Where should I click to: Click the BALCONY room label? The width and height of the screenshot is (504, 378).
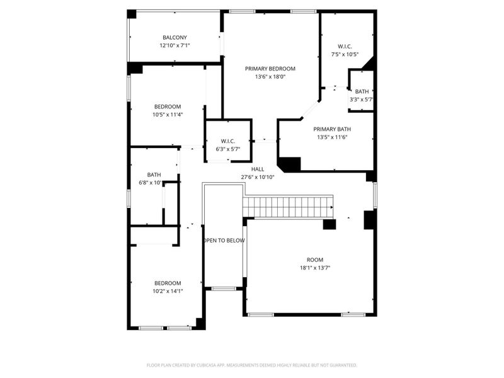175,38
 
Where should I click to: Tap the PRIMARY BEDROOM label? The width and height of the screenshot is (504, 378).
270,69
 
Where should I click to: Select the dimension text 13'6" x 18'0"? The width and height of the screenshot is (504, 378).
270,77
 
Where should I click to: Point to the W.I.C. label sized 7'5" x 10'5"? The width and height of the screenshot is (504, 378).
345,46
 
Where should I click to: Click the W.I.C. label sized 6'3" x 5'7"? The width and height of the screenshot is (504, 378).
227,140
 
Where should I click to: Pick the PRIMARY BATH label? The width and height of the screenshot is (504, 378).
331,129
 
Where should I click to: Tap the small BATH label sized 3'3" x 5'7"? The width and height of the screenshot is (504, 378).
362,91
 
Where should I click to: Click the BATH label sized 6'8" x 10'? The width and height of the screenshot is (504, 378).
154,175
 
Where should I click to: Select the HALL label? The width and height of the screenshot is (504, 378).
258,169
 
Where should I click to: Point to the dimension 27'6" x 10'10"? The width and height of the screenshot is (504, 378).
258,177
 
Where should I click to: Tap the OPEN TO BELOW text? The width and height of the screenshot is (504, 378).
224,241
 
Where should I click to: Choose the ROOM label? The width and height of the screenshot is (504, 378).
315,260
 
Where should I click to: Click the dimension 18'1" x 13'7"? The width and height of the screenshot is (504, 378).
315,268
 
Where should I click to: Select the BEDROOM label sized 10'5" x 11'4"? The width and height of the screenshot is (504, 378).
168,106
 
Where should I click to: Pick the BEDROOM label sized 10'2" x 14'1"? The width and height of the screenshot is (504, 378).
168,283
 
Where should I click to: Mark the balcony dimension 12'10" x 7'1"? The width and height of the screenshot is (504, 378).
175,45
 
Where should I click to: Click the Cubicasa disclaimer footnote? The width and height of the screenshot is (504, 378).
252,365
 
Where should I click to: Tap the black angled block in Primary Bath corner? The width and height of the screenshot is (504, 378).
289,164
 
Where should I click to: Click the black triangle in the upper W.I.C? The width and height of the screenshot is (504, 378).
369,63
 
